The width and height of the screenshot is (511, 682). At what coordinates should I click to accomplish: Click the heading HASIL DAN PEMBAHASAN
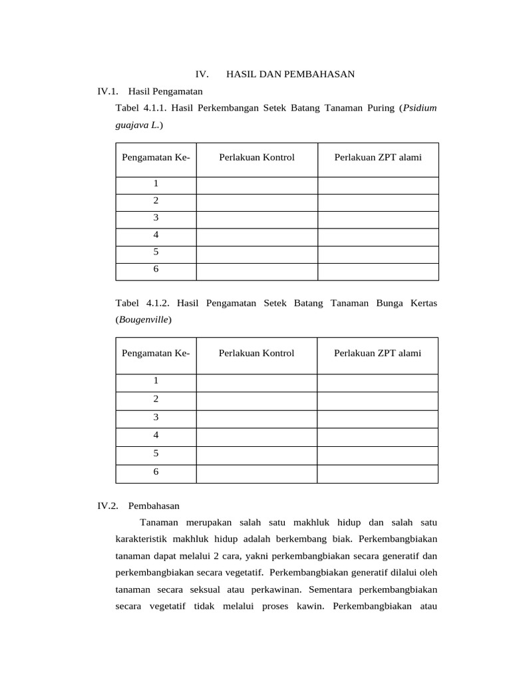(x=291, y=74)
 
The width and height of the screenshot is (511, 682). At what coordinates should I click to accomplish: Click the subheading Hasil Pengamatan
(x=165, y=91)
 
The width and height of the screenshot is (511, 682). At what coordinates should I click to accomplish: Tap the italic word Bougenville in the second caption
(x=143, y=320)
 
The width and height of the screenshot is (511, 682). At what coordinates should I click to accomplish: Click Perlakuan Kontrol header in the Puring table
(x=256, y=157)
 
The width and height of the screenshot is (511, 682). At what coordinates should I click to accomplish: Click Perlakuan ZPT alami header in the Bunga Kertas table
(x=377, y=353)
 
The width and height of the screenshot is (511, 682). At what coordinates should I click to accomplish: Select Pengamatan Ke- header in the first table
(x=156, y=157)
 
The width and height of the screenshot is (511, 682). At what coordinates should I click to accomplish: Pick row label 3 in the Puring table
(x=156, y=218)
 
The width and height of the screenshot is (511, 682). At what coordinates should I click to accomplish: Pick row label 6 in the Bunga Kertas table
(x=156, y=472)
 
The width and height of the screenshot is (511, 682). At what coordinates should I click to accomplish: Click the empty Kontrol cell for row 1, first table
(x=256, y=184)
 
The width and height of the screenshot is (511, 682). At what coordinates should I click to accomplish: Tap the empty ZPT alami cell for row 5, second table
(x=377, y=454)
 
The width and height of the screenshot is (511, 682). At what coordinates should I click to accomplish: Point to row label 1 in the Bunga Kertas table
(x=156, y=381)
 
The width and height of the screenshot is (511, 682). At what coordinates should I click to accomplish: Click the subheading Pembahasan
(x=154, y=506)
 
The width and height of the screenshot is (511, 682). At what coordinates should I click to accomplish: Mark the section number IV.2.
(x=108, y=506)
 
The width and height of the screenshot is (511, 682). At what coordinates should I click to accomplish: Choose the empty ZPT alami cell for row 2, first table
(x=377, y=200)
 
